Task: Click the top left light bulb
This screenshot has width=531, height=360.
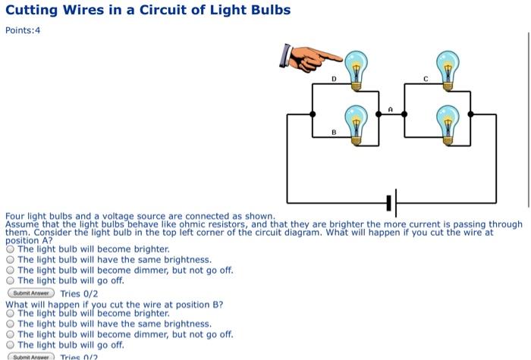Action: [355, 67]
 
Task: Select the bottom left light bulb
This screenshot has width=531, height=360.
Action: [355, 123]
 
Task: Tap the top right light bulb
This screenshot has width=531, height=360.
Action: [448, 67]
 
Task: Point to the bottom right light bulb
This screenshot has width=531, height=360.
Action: [448, 123]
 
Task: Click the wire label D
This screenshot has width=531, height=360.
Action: [333, 79]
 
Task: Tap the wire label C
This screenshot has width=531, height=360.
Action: [426, 79]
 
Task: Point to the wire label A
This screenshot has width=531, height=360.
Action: [390, 109]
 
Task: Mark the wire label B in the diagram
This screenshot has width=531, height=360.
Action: [333, 133]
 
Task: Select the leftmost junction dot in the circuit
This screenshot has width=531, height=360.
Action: [313, 114]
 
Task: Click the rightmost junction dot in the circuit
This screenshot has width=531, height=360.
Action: [471, 114]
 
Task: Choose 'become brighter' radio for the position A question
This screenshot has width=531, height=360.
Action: [10, 249]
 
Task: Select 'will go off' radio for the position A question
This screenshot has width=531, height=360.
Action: [10, 280]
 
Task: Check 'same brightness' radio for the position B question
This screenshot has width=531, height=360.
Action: [10, 324]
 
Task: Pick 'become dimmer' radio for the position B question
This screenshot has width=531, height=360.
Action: [10, 334]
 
